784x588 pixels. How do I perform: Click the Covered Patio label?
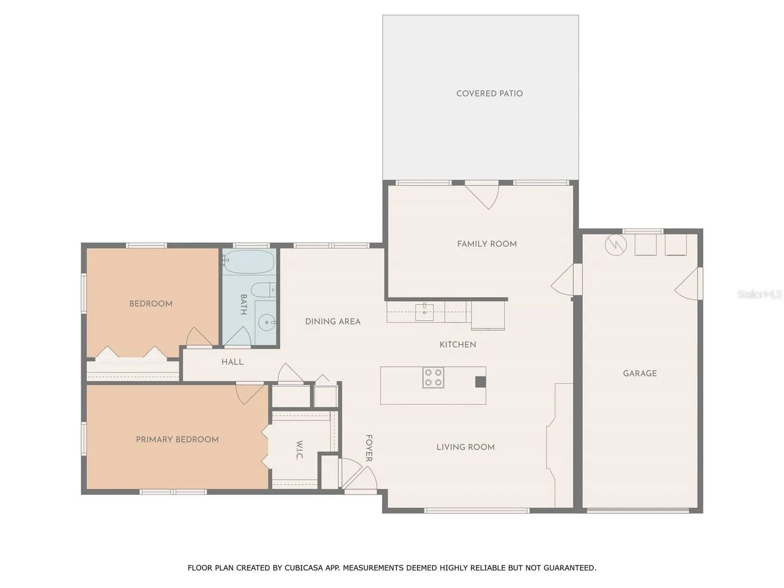tap(489, 94)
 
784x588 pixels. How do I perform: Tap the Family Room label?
tap(487, 244)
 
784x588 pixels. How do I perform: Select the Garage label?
tap(640, 373)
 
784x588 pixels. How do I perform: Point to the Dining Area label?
tap(333, 321)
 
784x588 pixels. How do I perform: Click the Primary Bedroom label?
tap(177, 439)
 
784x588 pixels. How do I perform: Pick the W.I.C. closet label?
tap(299, 450)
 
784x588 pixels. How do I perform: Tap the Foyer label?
tap(369, 448)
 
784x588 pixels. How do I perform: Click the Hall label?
tap(232, 362)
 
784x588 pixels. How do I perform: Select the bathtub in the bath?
tap(248, 262)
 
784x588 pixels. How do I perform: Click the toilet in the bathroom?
tap(263, 290)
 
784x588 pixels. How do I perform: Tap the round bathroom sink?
tap(266, 322)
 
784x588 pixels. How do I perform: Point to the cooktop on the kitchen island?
tap(433, 377)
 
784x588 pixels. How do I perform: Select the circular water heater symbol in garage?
tap(616, 245)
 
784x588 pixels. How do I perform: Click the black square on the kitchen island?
tap(480, 382)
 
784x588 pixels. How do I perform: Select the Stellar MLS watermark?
tap(759, 294)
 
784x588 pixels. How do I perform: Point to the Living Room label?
tap(465, 447)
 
